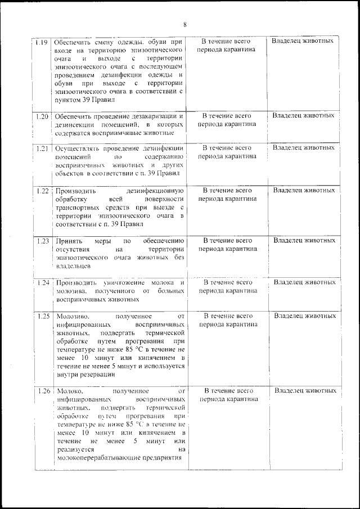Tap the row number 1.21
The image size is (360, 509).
(41, 148)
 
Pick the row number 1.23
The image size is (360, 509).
(42, 241)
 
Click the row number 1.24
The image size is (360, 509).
(43, 282)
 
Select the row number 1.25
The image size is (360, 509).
(43, 316)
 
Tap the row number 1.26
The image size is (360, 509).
(44, 391)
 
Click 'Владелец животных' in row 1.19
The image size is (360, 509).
(302, 41)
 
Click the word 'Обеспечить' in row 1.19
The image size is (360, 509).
(71, 42)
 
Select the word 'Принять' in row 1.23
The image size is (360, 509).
(68, 241)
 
